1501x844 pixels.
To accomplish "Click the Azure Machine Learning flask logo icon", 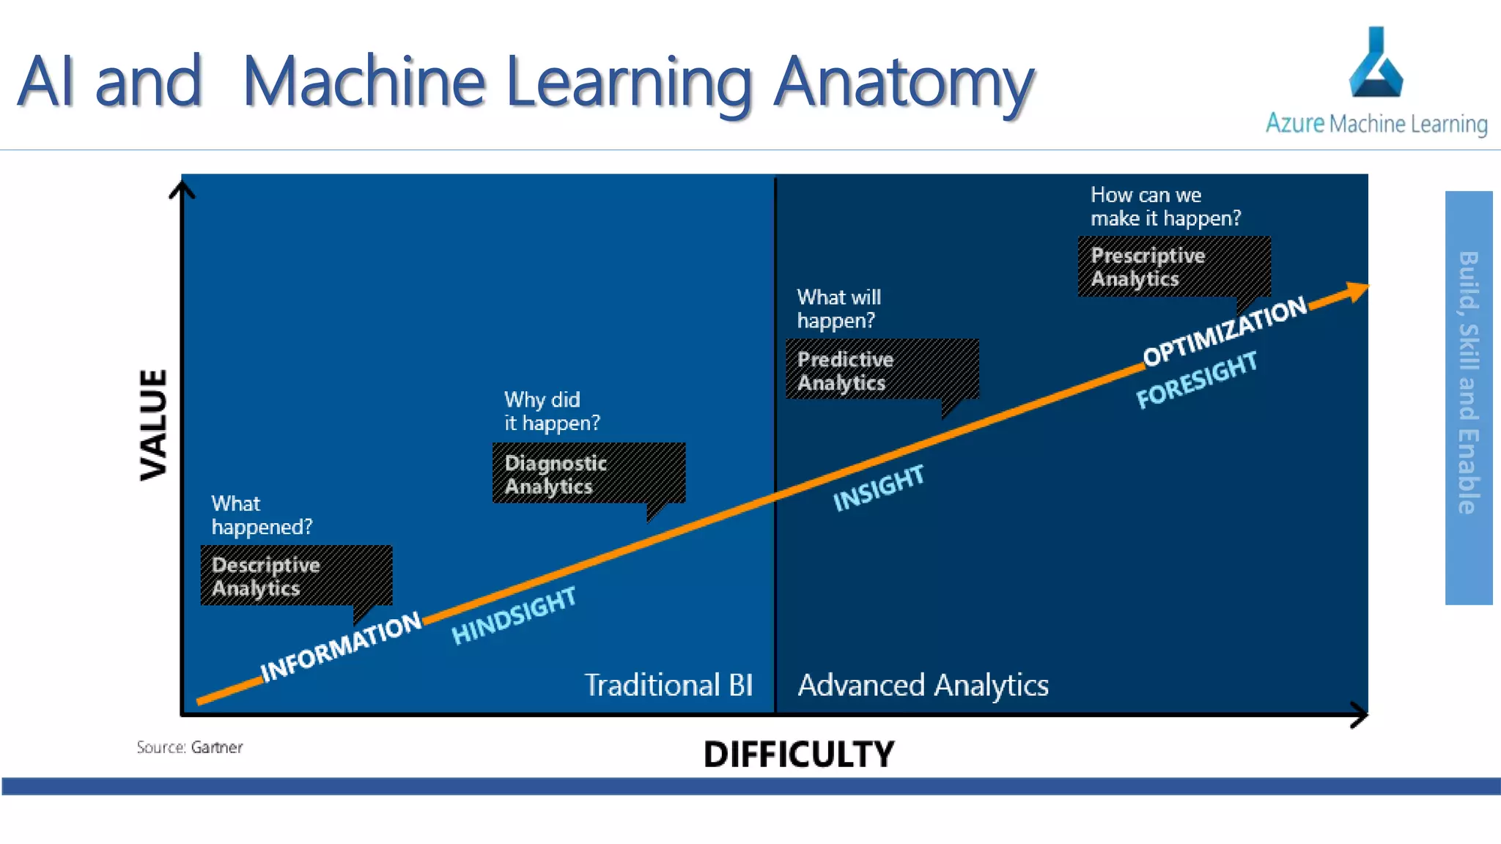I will (1376, 64).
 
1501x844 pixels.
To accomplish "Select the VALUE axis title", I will (154, 425).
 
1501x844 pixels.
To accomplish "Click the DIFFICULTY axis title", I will (799, 754).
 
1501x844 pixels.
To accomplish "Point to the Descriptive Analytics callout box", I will (296, 576).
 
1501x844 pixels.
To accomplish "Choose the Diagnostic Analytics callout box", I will (589, 473).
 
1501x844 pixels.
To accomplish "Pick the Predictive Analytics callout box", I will (882, 370).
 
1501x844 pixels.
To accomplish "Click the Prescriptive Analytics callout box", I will (1173, 267).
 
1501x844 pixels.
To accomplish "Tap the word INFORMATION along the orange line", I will (342, 646).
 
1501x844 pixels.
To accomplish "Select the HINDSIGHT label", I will (514, 615).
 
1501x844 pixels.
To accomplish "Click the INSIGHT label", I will (879, 488).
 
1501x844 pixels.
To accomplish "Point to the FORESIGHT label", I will (1197, 380).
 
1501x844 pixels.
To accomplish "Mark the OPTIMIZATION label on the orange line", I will (1225, 330).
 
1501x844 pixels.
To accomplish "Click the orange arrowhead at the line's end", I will (1356, 292).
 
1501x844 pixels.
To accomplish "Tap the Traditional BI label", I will (668, 685).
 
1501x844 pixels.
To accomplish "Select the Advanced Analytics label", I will (923, 685).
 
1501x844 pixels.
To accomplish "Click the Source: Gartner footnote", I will (189, 747).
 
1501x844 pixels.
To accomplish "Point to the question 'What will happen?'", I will (838, 308).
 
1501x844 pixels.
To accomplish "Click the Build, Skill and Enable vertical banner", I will (1468, 397).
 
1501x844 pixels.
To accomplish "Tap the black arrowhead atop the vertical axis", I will (182, 190).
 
